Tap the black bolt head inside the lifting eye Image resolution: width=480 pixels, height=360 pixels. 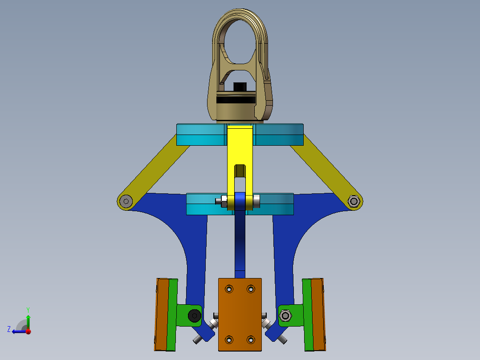[240, 87]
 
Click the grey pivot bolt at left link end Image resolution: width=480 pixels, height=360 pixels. [126, 201]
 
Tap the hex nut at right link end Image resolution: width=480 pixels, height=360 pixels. [354, 201]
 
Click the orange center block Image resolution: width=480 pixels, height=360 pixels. [240, 315]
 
